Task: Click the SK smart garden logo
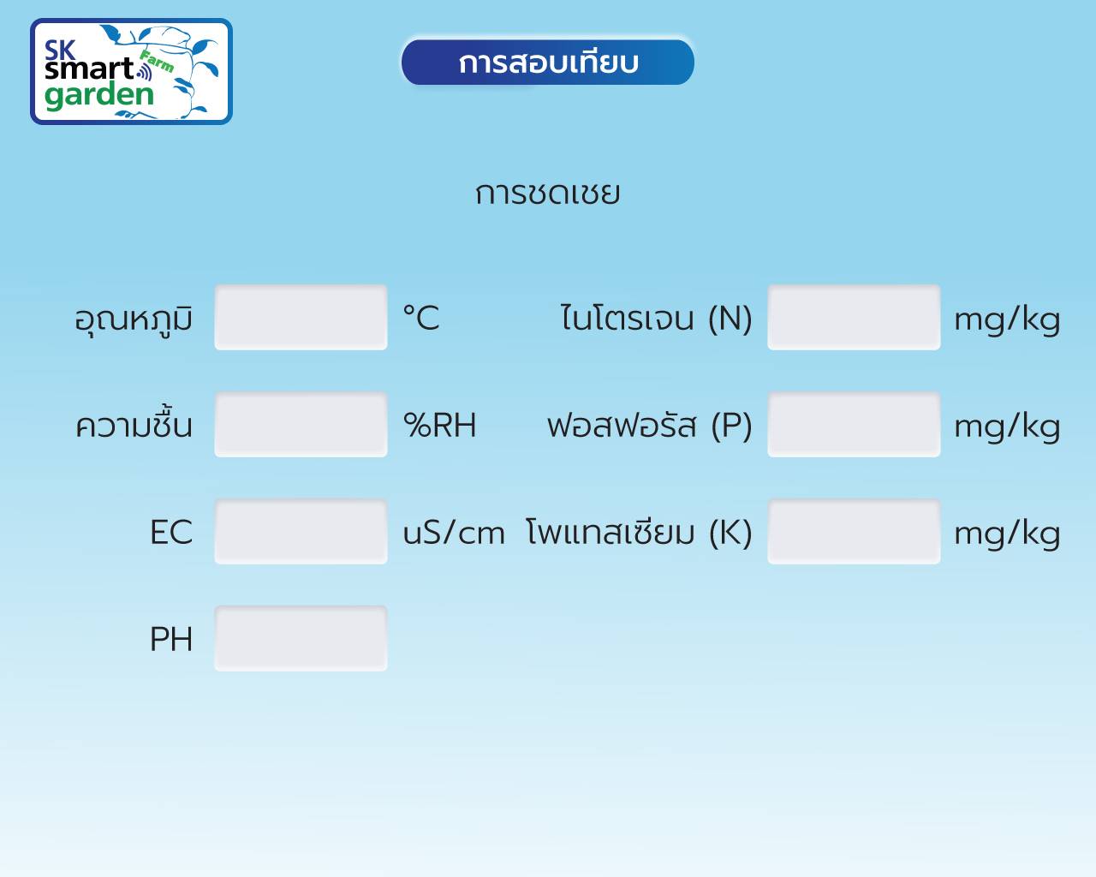[131, 71]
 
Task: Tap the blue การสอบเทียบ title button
[547, 63]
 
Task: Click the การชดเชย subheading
[547, 194]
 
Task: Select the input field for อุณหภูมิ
[301, 318]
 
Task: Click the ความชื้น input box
[301, 425]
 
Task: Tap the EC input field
[301, 532]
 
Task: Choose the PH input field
[301, 639]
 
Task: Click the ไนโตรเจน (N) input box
[854, 318]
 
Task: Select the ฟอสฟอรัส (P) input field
[854, 425]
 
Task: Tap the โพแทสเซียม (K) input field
[854, 532]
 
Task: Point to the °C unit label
[421, 318]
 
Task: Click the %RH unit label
[439, 425]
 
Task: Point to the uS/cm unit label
[454, 533]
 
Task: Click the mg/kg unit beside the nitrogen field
[1008, 320]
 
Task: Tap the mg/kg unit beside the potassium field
[1008, 534]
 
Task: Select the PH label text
[171, 639]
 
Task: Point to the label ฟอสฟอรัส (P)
[650, 426]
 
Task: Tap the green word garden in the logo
[99, 96]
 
